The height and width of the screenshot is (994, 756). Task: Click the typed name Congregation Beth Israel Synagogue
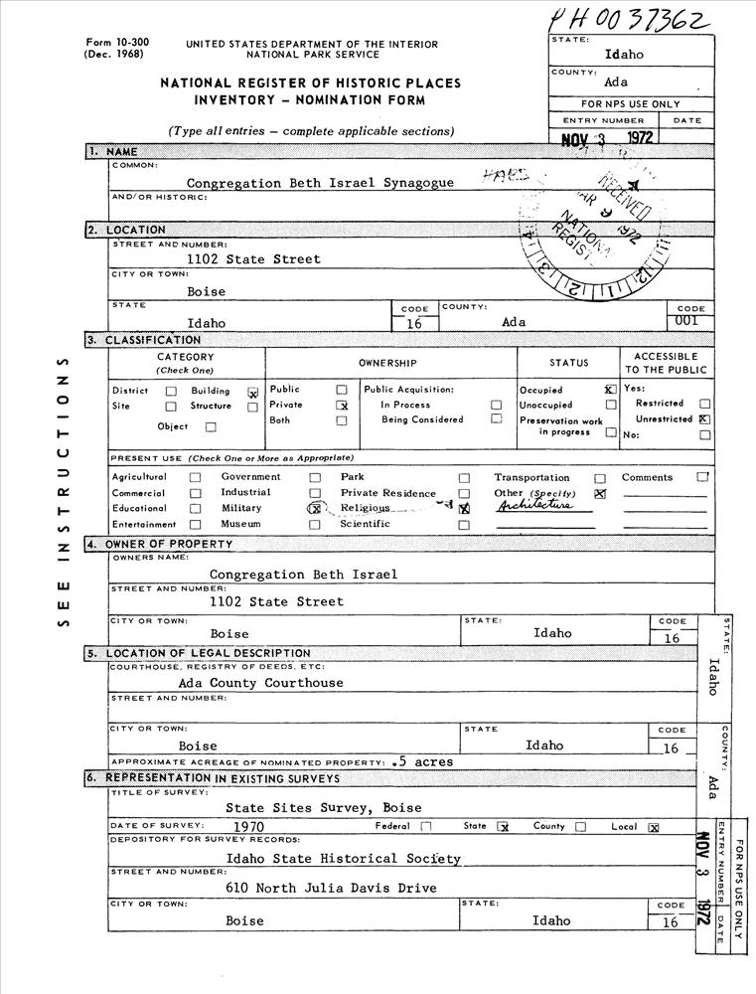[x=321, y=183]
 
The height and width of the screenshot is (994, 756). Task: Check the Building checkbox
[x=252, y=393]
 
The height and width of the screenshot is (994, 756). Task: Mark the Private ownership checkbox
[x=342, y=406]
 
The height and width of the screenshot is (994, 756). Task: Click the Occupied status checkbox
[x=610, y=390]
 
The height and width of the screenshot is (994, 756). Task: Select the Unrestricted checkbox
[x=704, y=419]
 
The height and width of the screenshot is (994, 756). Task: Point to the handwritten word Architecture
[x=536, y=505]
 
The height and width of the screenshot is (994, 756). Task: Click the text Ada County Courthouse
[x=261, y=683]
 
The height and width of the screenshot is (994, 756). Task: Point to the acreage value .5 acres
[x=422, y=762]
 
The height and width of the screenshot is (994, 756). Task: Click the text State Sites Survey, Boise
[x=323, y=808]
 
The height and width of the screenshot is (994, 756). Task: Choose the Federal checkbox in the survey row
[x=426, y=826]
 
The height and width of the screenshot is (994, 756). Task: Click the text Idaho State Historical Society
[x=343, y=859]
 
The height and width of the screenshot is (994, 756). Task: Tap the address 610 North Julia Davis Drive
[x=332, y=889]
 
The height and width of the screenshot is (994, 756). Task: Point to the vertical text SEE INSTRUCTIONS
[x=63, y=490]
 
